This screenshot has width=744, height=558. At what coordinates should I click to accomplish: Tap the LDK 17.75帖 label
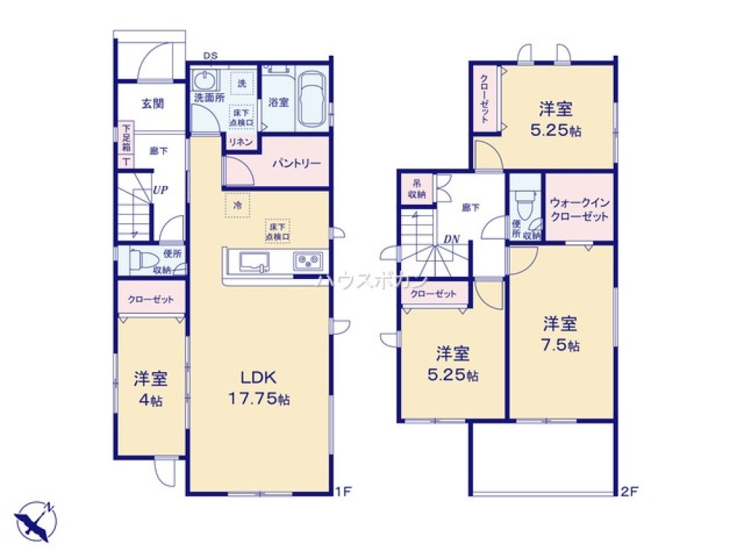[x=258, y=387]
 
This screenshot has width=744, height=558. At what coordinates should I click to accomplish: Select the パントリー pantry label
[x=295, y=162]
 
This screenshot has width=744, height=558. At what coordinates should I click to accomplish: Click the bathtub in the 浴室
[x=311, y=98]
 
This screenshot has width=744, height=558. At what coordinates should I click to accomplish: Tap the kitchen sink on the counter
[x=254, y=262]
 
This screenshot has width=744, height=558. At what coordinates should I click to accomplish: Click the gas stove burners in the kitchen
[x=309, y=262]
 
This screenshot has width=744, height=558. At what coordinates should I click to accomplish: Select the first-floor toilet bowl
[x=141, y=261]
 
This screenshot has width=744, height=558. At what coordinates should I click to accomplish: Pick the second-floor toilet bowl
[x=526, y=201]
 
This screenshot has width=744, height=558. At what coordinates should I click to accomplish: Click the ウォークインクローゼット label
[x=580, y=209]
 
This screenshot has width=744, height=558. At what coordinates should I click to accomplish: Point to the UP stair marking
[x=159, y=190]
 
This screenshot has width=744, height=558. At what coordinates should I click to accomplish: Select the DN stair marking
[x=450, y=239]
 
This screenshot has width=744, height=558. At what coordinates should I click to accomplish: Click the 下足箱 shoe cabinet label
[x=126, y=139]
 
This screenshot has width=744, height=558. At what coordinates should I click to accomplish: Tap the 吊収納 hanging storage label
[x=417, y=190]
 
